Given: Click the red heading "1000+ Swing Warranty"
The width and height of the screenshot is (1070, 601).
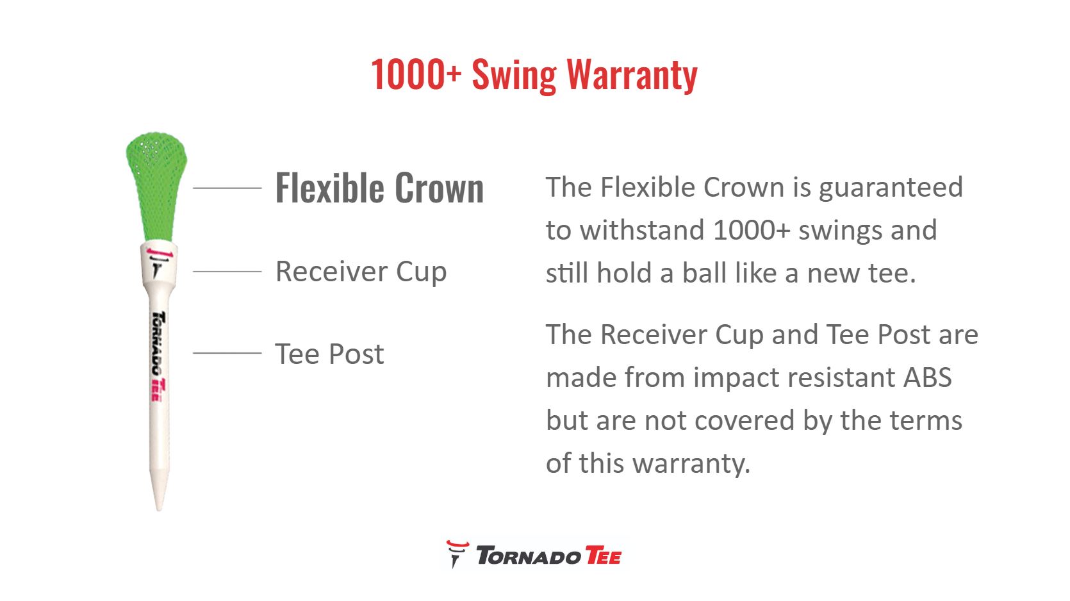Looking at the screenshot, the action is [x=534, y=75].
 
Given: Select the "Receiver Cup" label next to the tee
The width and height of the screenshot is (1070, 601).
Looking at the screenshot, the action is [x=361, y=272].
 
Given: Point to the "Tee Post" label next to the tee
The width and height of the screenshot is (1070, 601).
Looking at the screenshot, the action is [x=329, y=354].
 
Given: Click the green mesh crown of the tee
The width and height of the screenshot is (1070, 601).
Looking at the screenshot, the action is [x=156, y=186].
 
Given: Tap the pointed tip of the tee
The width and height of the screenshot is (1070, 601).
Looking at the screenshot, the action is [x=159, y=509].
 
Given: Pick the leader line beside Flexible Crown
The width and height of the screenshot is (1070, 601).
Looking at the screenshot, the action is [x=227, y=188].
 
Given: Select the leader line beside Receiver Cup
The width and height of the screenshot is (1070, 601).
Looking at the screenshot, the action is [x=227, y=272].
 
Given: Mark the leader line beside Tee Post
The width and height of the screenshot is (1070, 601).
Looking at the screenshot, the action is [x=227, y=353].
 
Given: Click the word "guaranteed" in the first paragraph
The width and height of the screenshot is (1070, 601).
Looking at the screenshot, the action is [x=891, y=188].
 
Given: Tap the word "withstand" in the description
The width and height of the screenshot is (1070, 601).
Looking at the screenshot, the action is [x=642, y=230].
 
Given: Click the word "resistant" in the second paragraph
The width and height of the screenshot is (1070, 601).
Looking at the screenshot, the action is [x=840, y=377].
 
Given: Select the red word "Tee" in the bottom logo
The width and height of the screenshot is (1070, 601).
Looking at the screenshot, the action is [x=603, y=556].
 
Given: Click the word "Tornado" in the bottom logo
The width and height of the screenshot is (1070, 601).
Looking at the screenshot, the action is [x=529, y=556].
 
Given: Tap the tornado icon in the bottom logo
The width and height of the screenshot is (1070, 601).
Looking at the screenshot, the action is [x=457, y=554].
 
